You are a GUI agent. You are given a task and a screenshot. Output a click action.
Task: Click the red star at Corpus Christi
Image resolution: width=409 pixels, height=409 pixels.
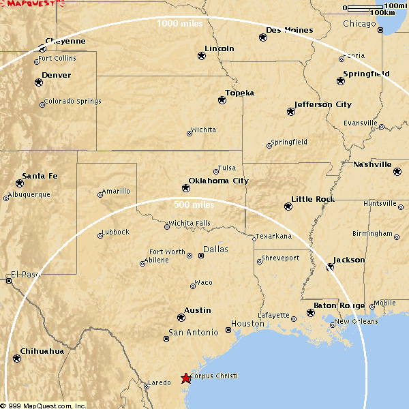pos(185,378)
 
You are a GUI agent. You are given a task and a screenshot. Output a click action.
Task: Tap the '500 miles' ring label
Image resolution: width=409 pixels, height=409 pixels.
pos(194,204)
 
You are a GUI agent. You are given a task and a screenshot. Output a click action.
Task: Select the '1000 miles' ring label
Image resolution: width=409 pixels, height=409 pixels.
pos(179,24)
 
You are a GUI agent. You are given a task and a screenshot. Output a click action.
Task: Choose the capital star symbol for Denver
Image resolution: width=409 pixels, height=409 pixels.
pos(38,82)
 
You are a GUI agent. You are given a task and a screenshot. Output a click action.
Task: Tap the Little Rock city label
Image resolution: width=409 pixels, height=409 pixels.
pos(313,199)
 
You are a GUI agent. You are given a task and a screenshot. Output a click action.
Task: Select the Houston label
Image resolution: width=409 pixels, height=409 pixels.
pos(247,324)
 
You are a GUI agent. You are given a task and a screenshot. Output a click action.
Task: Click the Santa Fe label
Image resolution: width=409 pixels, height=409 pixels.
pos(40,176)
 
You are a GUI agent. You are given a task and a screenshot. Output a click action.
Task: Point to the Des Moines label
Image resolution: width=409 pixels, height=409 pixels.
pos(290,30)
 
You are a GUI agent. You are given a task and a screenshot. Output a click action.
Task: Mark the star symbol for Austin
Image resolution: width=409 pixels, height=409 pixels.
pos(181,317)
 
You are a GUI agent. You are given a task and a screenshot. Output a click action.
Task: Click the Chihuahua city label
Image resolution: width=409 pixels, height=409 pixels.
pos(42,351)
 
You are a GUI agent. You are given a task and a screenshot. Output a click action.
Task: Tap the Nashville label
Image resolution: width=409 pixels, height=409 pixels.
pos(372,164)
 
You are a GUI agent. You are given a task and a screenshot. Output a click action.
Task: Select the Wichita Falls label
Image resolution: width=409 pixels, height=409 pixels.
pos(190,223)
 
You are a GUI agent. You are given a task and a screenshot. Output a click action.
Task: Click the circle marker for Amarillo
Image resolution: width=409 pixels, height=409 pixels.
pos(100,195)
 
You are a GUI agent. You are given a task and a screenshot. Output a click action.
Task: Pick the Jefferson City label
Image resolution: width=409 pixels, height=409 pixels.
pos(323,104)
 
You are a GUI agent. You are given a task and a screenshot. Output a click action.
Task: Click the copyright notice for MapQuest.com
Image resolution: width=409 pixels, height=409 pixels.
pos(44,405)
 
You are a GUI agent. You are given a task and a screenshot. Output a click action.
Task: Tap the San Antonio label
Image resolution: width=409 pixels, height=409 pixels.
pos(194,333)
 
